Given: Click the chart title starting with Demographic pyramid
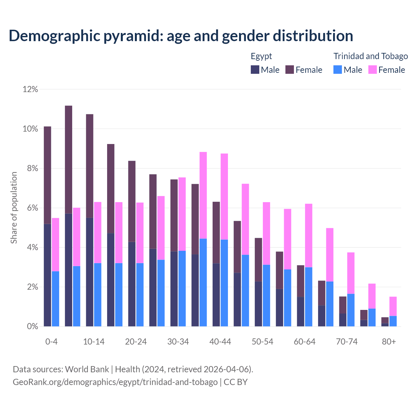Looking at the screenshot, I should click(181, 36).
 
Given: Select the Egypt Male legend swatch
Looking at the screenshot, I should click(255, 70).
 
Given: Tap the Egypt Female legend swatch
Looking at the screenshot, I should click(290, 70).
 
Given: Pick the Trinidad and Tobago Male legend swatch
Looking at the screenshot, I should click(338, 70).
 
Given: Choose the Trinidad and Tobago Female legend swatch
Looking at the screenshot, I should click(373, 70).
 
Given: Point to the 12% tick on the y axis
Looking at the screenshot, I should click(30, 89).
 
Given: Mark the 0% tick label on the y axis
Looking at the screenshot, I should click(32, 327).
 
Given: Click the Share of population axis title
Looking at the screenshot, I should click(14, 208).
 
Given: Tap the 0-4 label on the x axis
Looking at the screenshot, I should click(51, 342).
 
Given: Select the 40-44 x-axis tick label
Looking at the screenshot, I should click(220, 342).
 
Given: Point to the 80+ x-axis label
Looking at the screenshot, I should click(389, 342).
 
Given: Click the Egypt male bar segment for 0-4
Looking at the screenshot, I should click(47, 275).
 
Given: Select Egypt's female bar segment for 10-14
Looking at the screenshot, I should click(89, 166).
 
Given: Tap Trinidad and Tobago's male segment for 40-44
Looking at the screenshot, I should click(224, 283).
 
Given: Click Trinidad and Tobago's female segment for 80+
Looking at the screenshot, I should click(393, 306).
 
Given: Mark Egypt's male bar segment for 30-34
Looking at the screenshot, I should click(174, 289).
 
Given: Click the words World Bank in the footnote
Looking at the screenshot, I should click(87, 369).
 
